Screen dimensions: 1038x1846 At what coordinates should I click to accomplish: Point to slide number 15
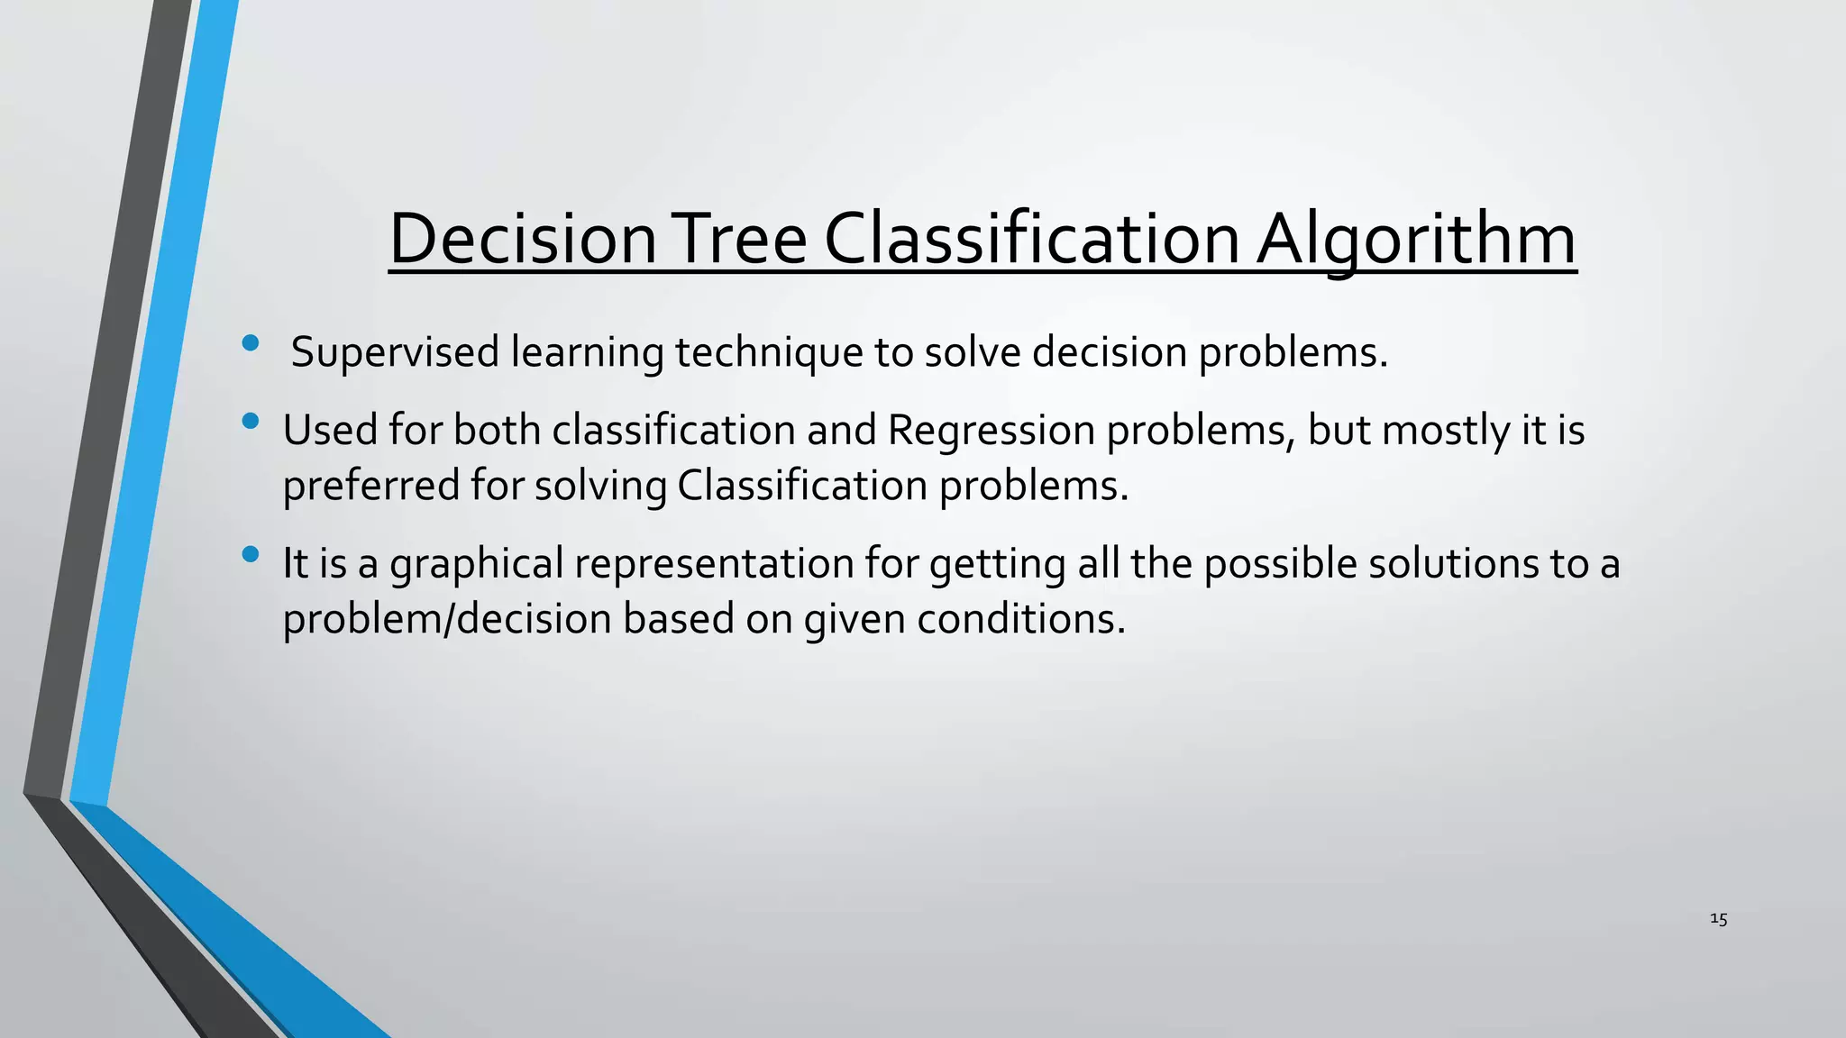point(1718,919)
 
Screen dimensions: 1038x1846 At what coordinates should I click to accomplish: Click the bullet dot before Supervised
point(251,342)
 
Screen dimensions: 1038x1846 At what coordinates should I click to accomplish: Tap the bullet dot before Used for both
point(251,421)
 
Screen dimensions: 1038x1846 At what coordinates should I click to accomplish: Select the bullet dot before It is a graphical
point(251,554)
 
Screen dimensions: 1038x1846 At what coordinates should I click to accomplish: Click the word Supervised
point(395,351)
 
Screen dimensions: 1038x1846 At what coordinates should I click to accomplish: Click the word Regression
point(991,430)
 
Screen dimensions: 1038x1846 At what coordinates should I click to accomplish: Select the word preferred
point(370,486)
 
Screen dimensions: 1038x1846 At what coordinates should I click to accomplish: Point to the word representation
point(714,564)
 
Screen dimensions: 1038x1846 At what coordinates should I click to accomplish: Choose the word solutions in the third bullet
point(1453,564)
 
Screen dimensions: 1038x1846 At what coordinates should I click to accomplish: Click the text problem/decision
point(447,619)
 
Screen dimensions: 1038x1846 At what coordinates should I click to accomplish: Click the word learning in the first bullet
point(587,351)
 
